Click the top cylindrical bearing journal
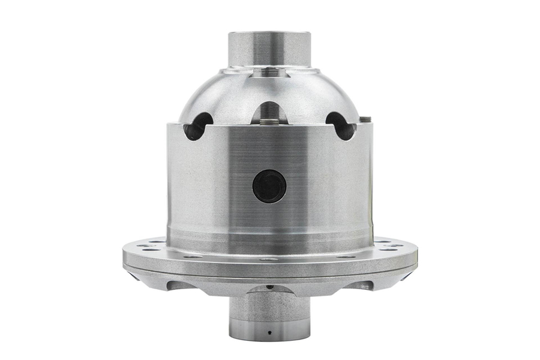tap(269, 48)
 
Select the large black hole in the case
tap(269, 186)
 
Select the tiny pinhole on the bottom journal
tap(269, 331)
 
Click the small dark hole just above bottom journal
tap(269, 287)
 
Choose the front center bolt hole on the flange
tap(269, 259)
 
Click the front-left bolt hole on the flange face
tap(193, 256)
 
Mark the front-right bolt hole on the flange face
tap(346, 256)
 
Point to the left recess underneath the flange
tap(180, 284)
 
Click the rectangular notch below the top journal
tap(269, 73)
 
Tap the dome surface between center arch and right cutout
tap(306, 105)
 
